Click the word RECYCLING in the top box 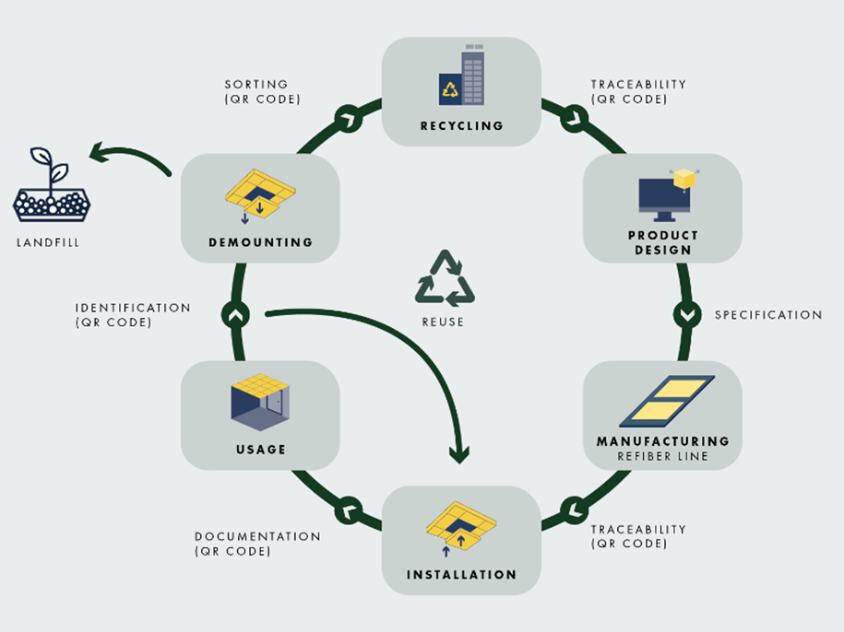pyautogui.click(x=461, y=125)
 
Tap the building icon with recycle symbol pyautogui.click(x=461, y=77)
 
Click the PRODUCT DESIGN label pyautogui.click(x=662, y=242)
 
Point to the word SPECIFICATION pyautogui.click(x=767, y=315)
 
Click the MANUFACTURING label pyautogui.click(x=662, y=441)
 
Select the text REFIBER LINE pyautogui.click(x=662, y=456)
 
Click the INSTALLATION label pyautogui.click(x=461, y=575)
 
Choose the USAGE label pyautogui.click(x=260, y=450)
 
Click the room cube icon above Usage pyautogui.click(x=259, y=403)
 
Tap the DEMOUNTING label pyautogui.click(x=260, y=242)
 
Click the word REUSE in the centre pyautogui.click(x=445, y=322)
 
